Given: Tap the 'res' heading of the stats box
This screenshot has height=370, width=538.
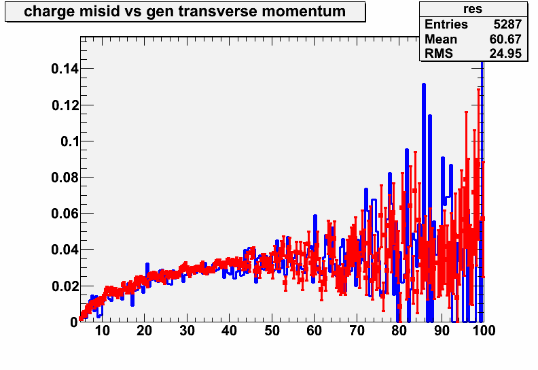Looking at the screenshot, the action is [x=473, y=9].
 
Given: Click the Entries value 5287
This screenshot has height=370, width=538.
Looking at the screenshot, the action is [x=507, y=24].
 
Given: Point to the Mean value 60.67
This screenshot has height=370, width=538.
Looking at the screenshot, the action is [x=505, y=39].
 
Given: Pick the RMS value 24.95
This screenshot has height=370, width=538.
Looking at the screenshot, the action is [x=505, y=54].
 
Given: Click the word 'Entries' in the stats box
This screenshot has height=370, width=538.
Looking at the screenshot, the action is [x=446, y=24].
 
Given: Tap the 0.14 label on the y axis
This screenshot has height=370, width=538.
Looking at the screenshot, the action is [x=65, y=69].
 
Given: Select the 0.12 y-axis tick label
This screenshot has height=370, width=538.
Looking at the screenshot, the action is [x=65, y=105].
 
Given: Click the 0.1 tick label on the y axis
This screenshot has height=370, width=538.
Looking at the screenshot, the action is [x=70, y=141].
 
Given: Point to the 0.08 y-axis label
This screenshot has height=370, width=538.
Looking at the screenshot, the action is [x=65, y=178].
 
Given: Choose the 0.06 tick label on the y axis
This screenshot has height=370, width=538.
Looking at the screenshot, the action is [x=65, y=214].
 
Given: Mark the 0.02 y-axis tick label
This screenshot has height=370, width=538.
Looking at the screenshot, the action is [x=65, y=286].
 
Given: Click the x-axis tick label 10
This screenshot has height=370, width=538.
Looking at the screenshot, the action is [x=102, y=331].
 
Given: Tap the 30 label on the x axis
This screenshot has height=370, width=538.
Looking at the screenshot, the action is [x=187, y=331].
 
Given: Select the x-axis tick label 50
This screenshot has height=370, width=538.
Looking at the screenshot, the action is [x=272, y=331].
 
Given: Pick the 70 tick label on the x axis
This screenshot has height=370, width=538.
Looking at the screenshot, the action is [x=357, y=331].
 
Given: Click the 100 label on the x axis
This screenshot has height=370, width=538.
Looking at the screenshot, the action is [x=484, y=331].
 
